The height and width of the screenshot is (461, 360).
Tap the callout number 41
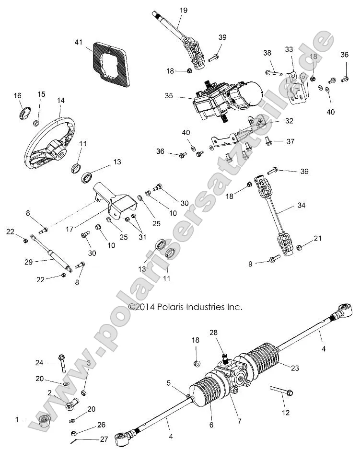79,42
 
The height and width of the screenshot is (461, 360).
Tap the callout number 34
301,206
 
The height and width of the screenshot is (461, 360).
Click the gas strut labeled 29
51,252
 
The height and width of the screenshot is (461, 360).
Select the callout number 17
70,230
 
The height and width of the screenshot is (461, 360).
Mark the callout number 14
60,101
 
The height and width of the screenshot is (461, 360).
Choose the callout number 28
213,332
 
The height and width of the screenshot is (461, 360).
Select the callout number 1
17,419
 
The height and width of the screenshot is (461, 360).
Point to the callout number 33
289,49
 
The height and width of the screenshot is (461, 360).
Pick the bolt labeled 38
273,73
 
